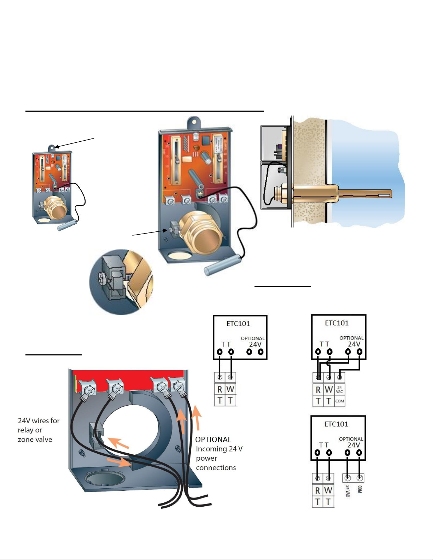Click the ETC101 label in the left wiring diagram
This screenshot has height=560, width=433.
pos(238,324)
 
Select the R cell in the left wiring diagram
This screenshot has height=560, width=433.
pos(220,389)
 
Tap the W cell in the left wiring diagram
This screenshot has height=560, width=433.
pos(230,389)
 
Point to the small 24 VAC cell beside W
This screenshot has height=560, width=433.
pos(339,390)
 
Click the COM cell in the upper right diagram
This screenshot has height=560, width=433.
pos(339,401)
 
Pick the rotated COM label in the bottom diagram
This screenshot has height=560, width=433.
pos(359,489)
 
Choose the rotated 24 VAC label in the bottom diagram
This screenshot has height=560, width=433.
pos(348,491)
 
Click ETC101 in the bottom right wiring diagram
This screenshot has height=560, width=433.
pos(336,424)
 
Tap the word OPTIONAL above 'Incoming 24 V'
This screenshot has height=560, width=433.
pos(213,440)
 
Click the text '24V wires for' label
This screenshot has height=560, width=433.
pos(39,421)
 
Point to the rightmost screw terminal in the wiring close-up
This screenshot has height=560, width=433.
pos(179,386)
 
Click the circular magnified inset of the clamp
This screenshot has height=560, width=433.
pos(121,282)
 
